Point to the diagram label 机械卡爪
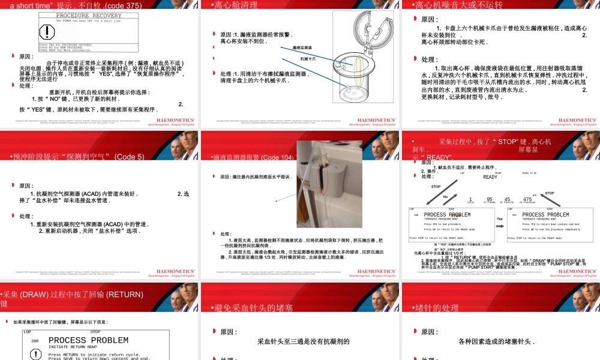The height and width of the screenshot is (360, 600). tap(308, 59)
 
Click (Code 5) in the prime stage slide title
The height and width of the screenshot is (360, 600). tap(127, 157)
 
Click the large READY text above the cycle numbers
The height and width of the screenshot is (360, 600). tap(490, 177)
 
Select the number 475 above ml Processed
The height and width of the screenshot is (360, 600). tap(527, 199)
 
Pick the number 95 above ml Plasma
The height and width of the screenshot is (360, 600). tap(490, 199)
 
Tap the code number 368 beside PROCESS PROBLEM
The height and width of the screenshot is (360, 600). tap(35, 341)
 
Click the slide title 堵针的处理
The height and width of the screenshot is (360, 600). tap(438, 308)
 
